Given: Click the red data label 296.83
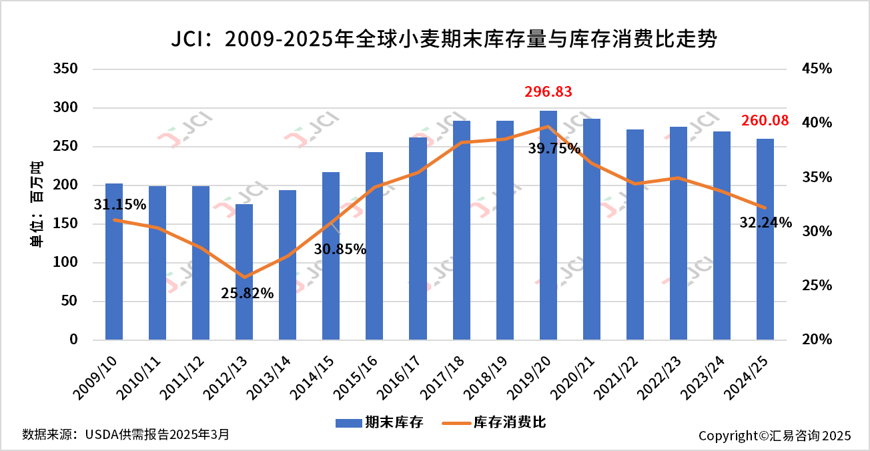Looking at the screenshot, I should click(x=548, y=92).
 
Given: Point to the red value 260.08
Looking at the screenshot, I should click(x=765, y=121).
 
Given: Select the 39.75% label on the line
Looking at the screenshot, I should click(x=554, y=149).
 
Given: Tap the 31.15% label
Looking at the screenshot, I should click(x=120, y=205).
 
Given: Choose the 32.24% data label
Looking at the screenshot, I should click(x=765, y=223).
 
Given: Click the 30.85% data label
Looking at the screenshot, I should click(x=340, y=250).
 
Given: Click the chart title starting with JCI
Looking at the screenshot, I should click(x=443, y=39).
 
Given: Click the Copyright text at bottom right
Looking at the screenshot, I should click(x=775, y=436).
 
